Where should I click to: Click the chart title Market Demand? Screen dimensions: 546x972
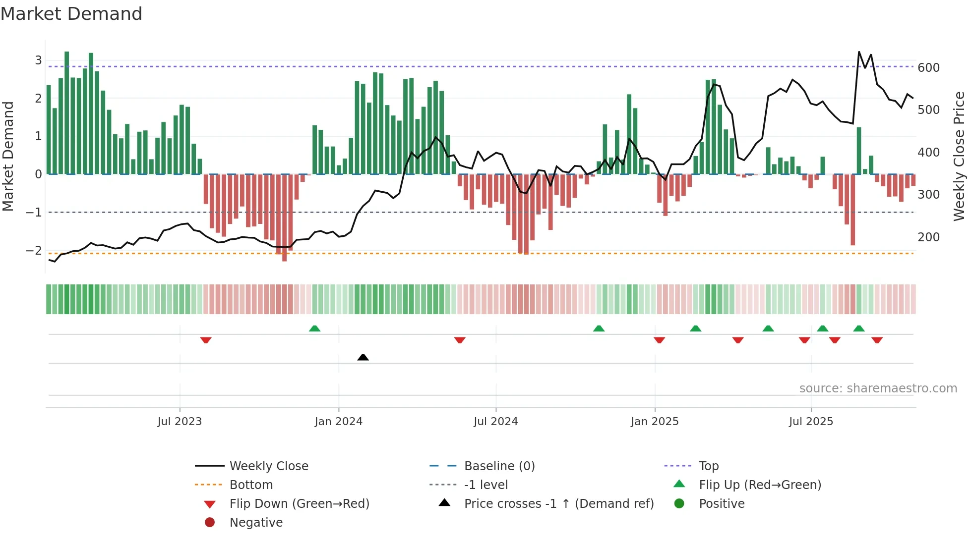click(x=71, y=14)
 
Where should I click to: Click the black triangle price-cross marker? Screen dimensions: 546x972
click(x=363, y=357)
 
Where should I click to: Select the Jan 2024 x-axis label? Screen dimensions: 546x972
click(x=338, y=422)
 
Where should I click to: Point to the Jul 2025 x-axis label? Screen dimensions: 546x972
click(x=811, y=422)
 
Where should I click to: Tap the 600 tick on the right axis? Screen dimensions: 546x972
click(x=928, y=68)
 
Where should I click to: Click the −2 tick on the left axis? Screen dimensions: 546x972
click(x=34, y=251)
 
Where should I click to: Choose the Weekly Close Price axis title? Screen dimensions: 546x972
click(x=959, y=156)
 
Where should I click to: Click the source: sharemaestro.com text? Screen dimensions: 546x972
click(x=878, y=388)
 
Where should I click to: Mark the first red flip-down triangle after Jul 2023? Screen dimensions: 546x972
click(x=206, y=340)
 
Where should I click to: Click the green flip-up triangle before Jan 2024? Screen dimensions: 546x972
click(x=314, y=328)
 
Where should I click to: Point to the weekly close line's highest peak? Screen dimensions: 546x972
click(x=859, y=52)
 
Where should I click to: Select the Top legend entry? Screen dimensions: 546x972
click(x=708, y=466)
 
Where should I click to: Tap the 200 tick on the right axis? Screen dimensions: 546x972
click(x=928, y=237)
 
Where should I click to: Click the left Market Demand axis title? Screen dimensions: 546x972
click(x=8, y=156)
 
